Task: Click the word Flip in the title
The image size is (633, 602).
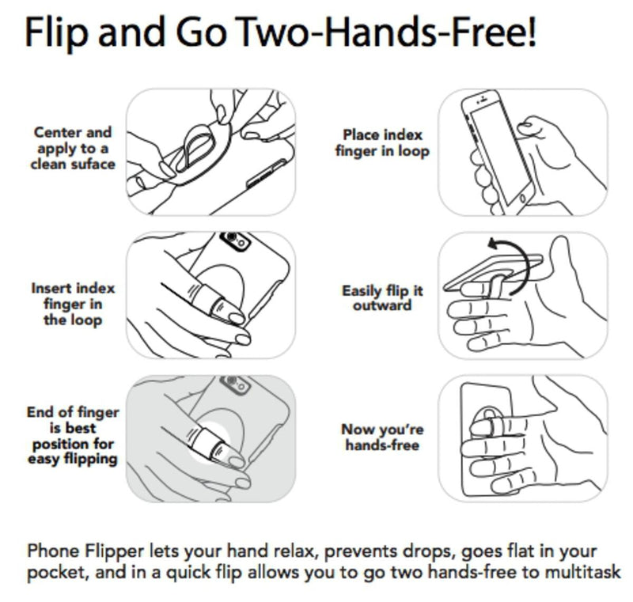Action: pyautogui.click(x=56, y=33)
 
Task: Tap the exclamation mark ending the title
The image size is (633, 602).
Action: pyautogui.click(x=531, y=32)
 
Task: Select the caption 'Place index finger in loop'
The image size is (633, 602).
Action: pyautogui.click(x=382, y=143)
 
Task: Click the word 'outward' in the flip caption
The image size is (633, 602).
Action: pyautogui.click(x=382, y=305)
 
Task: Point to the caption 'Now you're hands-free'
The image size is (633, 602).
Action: pyautogui.click(x=382, y=437)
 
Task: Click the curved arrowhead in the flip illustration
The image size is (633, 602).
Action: pyautogui.click(x=495, y=244)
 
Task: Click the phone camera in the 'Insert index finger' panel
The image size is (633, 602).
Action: pyautogui.click(x=235, y=240)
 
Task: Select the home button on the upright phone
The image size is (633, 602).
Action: pyautogui.click(x=522, y=198)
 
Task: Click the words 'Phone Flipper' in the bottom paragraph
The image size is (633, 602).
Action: pyautogui.click(x=85, y=551)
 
